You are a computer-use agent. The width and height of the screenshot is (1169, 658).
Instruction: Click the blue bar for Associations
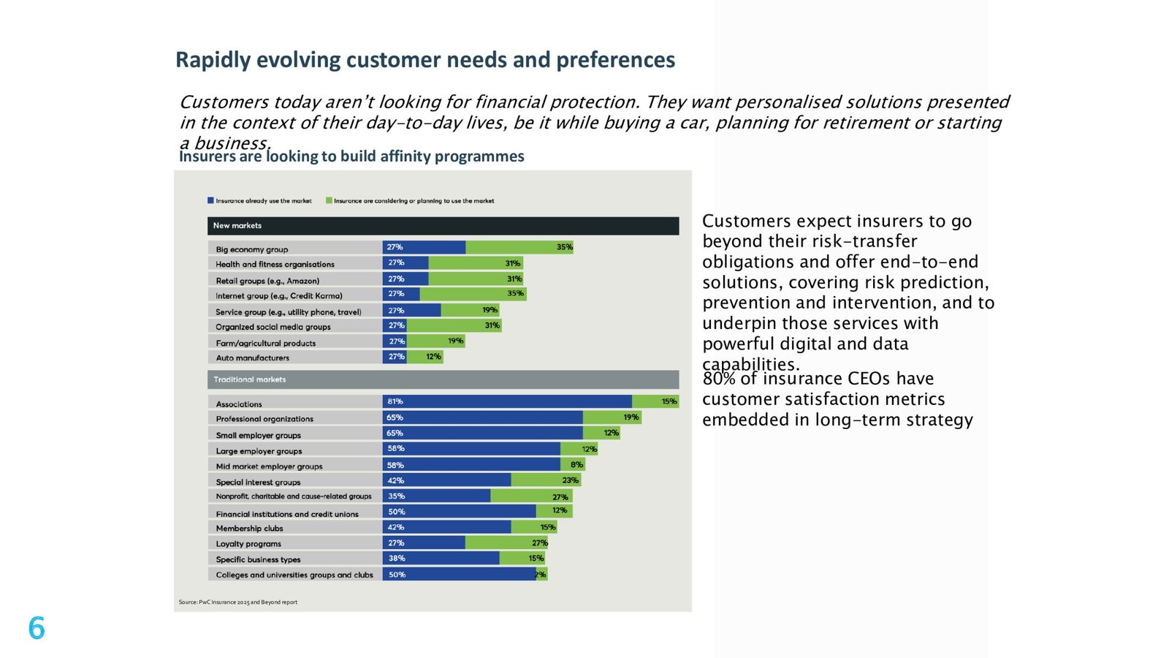pos(507,401)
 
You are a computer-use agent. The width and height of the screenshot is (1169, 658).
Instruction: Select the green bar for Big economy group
pos(519,248)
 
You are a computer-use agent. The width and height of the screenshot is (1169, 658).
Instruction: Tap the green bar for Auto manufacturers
pos(424,358)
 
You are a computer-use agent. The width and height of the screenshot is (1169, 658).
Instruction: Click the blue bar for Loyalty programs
pos(424,543)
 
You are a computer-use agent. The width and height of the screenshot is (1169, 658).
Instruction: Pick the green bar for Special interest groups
pos(546,480)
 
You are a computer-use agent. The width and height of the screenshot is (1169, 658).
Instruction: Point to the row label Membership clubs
pos(249,529)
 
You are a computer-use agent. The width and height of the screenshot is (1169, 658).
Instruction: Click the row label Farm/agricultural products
pos(266,343)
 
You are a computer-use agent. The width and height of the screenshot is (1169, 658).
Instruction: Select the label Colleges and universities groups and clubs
pos(294,575)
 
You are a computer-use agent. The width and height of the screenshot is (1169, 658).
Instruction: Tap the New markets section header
pos(443,226)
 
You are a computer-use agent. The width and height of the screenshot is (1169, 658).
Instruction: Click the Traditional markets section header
pos(443,379)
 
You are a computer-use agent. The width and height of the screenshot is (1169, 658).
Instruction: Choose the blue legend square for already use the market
pos(210,200)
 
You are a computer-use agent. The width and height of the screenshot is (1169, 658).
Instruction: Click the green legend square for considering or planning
pos(329,200)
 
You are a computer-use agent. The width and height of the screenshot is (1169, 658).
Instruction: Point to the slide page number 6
pos(37,628)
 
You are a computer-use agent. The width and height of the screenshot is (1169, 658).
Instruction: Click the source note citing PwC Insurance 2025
pos(238,602)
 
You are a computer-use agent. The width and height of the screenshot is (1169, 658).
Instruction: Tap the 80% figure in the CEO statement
pos(719,379)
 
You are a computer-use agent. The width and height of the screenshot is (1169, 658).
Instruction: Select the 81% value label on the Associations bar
pos(395,401)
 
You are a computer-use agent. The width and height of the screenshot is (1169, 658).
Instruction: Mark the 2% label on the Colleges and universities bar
pos(540,575)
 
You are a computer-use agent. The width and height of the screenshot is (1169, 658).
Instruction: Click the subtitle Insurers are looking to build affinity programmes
pos(351,156)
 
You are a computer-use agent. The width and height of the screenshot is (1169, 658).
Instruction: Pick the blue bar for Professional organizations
pos(483,417)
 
